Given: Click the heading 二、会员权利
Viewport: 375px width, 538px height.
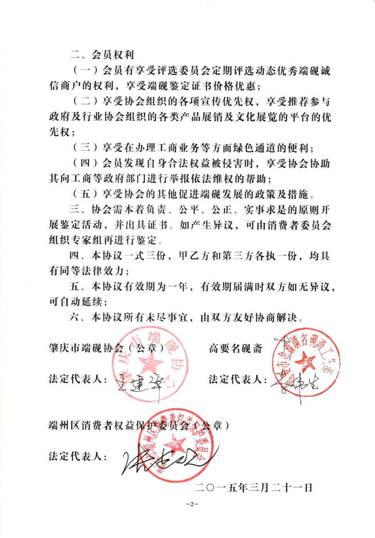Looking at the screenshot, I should (x=102, y=55).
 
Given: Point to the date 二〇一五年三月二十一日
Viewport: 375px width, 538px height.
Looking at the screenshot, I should (x=254, y=487).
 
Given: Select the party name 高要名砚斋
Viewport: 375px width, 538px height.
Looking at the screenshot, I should (x=236, y=349).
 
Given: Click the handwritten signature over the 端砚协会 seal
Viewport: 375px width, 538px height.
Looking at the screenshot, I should (x=139, y=382).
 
